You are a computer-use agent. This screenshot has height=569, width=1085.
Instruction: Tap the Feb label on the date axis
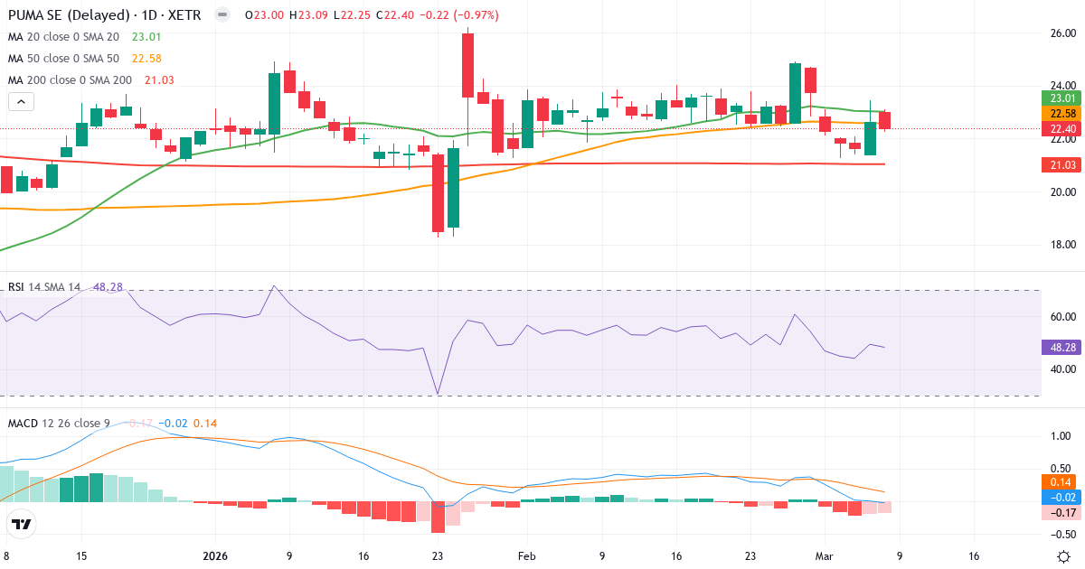point(527,556)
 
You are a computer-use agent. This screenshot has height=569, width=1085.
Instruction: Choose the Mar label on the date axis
point(824,556)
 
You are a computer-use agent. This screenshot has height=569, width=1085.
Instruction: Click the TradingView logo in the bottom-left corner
point(22,524)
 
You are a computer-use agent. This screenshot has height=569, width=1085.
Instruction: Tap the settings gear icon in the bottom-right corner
point(1063,556)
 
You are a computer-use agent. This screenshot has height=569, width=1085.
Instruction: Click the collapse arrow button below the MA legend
point(20,101)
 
